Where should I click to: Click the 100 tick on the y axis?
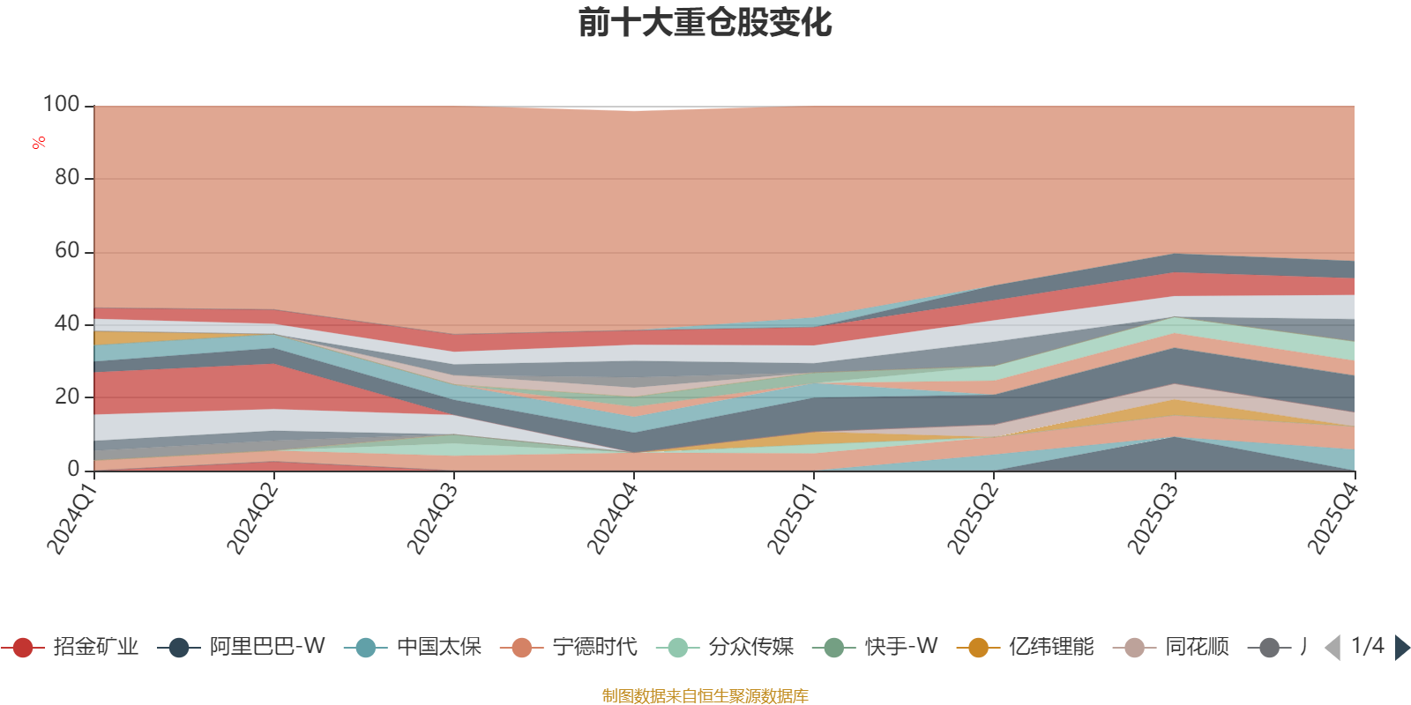[x=62, y=105]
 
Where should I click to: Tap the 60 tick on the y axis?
[x=67, y=251]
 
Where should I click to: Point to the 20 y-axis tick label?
[x=67, y=397]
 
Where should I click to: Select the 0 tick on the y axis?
[x=74, y=470]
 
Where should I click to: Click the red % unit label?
[x=39, y=143]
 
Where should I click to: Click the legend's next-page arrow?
[x=1401, y=648]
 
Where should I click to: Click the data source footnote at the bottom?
[x=705, y=696]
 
